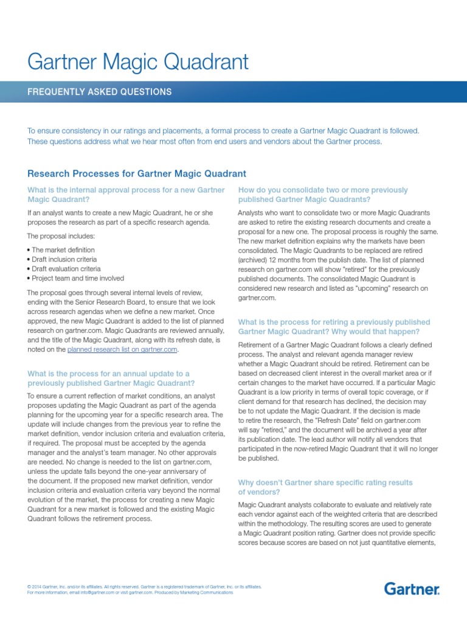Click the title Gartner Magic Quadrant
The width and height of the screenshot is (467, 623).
[x=138, y=61]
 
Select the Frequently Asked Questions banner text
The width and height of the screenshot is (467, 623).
[x=100, y=92]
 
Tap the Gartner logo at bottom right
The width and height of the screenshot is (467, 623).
[x=412, y=588]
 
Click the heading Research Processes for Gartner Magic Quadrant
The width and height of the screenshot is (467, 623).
[x=137, y=173]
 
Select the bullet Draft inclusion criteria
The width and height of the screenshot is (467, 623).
[x=64, y=259]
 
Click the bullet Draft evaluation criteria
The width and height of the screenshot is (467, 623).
[x=66, y=268]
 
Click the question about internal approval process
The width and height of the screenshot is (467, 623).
[x=126, y=195]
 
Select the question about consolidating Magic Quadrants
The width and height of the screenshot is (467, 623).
[x=322, y=195]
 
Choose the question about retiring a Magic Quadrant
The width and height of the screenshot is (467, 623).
[x=334, y=327]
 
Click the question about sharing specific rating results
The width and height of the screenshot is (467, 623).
[x=325, y=487]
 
